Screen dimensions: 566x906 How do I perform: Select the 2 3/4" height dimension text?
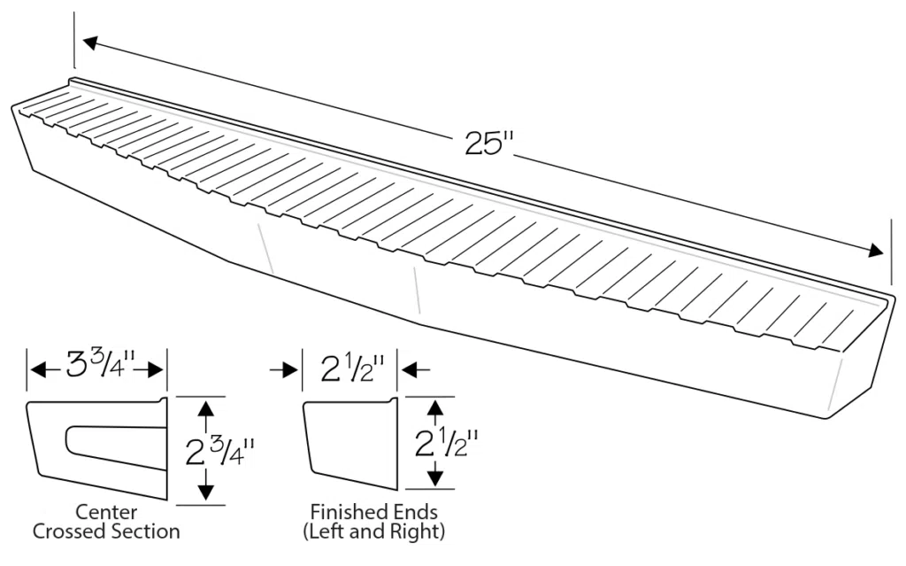(x=219, y=452)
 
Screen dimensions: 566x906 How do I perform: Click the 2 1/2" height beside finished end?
(x=448, y=441)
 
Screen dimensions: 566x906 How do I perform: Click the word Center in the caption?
(x=105, y=512)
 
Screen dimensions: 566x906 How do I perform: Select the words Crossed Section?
(x=106, y=531)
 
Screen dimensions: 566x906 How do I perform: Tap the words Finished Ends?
(x=373, y=512)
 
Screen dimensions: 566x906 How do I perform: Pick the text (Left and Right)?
(x=373, y=532)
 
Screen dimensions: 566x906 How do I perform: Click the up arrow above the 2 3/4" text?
(x=207, y=410)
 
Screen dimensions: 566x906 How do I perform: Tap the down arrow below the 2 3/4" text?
(x=207, y=492)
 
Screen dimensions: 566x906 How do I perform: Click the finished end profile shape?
(x=347, y=441)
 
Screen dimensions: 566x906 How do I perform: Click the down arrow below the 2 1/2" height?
(x=434, y=477)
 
